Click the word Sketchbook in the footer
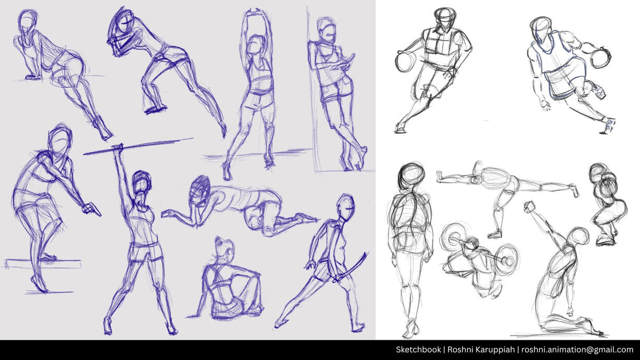tap(418, 350)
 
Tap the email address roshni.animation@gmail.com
tap(577, 350)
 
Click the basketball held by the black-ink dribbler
tap(405, 62)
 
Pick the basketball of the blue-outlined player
tap(600, 58)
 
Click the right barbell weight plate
tap(506, 259)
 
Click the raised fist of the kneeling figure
tap(529, 207)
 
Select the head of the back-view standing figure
tap(411, 175)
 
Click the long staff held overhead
tap(138, 147)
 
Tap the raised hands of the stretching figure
tap(256, 12)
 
